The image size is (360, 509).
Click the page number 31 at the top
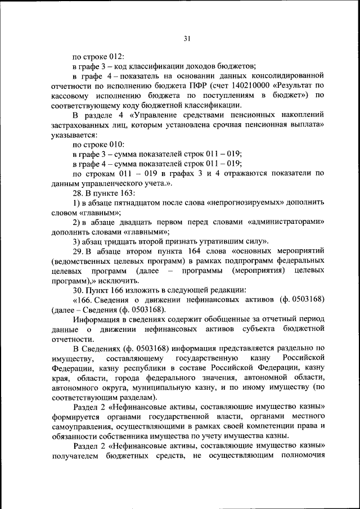click(188, 38)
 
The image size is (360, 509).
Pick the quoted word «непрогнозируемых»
click(255, 203)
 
